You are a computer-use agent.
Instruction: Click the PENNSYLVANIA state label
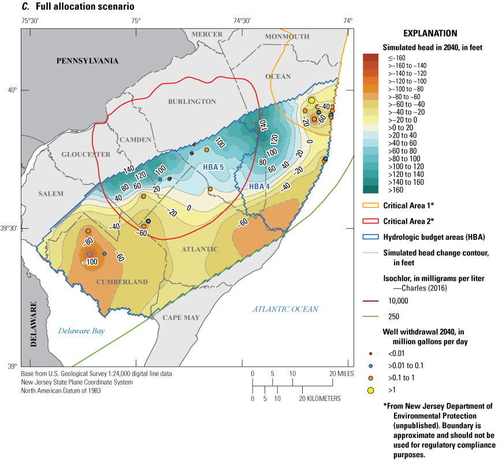tap(87, 61)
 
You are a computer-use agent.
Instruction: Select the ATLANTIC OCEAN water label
tap(285, 309)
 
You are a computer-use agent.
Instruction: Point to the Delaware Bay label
tap(81, 331)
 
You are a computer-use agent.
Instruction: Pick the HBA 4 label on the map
tap(259, 187)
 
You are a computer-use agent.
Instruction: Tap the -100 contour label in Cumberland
tap(90, 261)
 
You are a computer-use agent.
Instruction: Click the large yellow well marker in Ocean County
tap(311, 101)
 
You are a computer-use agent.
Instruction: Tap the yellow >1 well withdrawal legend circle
tap(370, 391)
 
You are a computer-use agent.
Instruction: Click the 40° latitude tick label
tap(12, 90)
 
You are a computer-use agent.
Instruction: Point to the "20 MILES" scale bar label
tap(341, 373)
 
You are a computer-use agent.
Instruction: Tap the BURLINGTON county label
tap(192, 102)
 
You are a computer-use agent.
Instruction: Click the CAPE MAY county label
tap(180, 318)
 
